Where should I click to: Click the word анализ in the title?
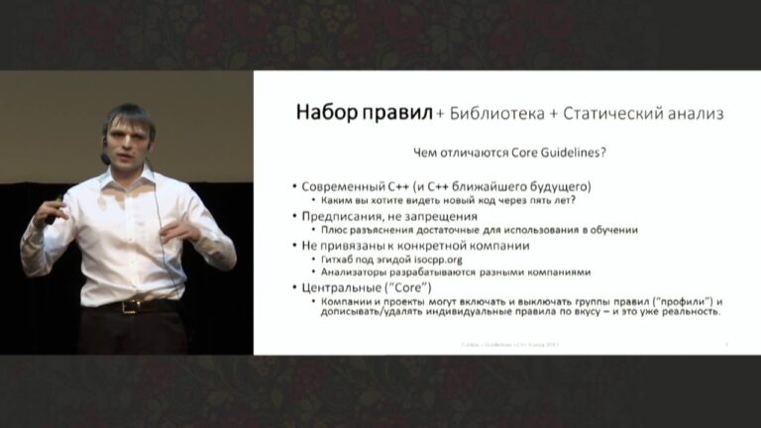click(696, 114)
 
